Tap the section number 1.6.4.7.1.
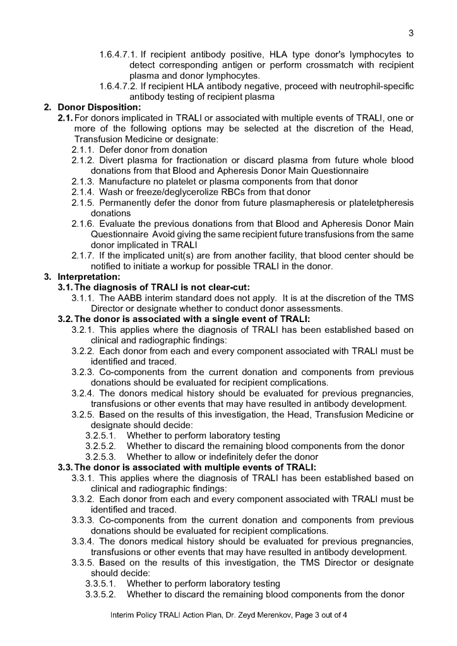click(119, 54)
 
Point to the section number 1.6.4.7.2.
click(119, 87)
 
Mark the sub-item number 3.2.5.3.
click(100, 457)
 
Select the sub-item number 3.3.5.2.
click(100, 594)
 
